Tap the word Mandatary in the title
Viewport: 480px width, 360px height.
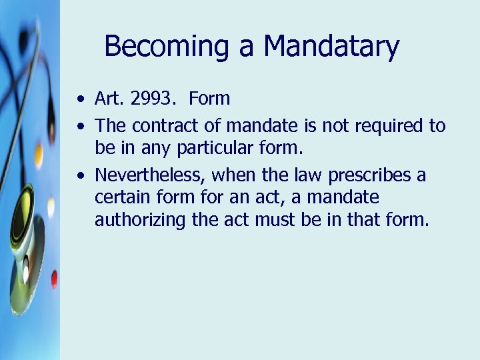pos(331,47)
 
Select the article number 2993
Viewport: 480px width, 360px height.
pos(151,99)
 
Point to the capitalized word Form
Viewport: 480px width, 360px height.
pos(209,99)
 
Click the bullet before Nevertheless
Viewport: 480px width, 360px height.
pos(80,177)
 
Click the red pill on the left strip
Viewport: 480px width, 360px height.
pos(54,279)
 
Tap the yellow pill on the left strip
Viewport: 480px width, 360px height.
pos(39,155)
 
